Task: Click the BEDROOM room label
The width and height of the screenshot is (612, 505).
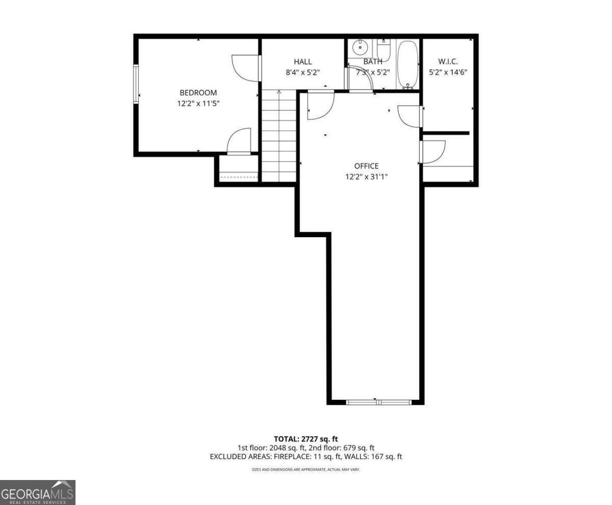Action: [x=198, y=93]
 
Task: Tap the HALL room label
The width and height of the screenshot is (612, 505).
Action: [x=303, y=62]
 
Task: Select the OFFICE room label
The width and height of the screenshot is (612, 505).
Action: [x=366, y=166]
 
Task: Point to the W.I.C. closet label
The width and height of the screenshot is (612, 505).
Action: [x=448, y=62]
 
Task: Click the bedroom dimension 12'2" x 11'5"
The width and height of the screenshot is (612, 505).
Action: [x=198, y=104]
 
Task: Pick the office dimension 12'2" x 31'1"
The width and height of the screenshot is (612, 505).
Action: [x=366, y=177]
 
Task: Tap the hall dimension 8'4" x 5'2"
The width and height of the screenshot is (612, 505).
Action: [x=303, y=72]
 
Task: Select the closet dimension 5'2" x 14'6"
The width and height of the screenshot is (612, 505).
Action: [x=448, y=72]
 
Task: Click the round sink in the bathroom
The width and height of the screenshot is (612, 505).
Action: [x=360, y=47]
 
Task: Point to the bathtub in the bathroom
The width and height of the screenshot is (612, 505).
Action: [x=407, y=64]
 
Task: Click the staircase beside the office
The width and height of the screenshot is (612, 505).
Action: [x=278, y=136]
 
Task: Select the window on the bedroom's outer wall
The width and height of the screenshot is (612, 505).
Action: [x=136, y=84]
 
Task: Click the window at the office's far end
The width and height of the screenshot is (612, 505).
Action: [x=379, y=402]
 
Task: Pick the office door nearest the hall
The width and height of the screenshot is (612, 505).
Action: [x=321, y=106]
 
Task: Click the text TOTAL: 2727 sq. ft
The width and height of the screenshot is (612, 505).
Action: [x=305, y=439]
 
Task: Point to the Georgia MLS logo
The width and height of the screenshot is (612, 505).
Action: [x=38, y=492]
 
